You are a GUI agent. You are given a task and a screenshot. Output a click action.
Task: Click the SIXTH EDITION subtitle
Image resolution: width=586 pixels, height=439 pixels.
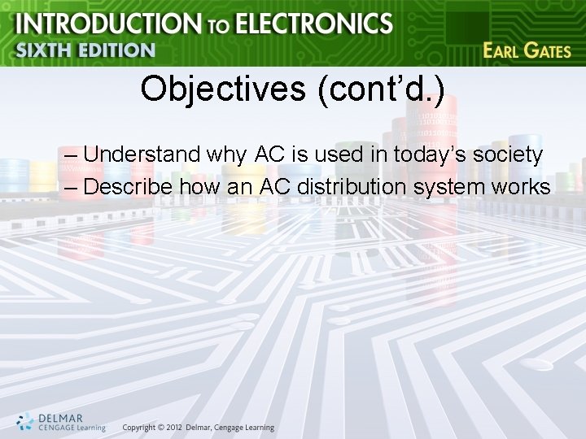(x=85, y=50)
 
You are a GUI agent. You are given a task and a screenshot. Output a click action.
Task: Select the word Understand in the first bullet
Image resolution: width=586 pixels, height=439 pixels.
(x=142, y=154)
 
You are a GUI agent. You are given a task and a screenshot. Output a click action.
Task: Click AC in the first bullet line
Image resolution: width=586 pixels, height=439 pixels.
(x=269, y=154)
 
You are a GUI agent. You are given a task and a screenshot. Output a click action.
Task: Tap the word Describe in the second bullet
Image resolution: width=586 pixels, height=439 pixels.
(x=129, y=186)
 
